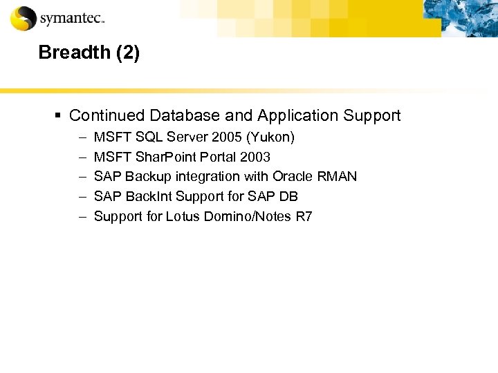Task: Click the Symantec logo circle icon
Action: tap(24, 18)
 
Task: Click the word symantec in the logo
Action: tap(71, 19)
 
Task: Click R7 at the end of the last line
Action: tap(304, 216)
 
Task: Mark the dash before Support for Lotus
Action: tap(82, 216)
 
